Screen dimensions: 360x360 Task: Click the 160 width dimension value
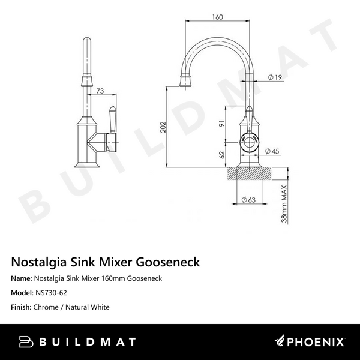pos(218,17)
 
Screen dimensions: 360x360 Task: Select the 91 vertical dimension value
pos(221,124)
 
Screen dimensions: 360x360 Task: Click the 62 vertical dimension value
pos(221,154)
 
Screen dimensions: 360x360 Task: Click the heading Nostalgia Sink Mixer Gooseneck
pos(106,262)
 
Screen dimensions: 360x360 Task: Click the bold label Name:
pos(23,278)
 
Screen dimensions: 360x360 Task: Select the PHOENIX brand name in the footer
pos(318,342)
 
